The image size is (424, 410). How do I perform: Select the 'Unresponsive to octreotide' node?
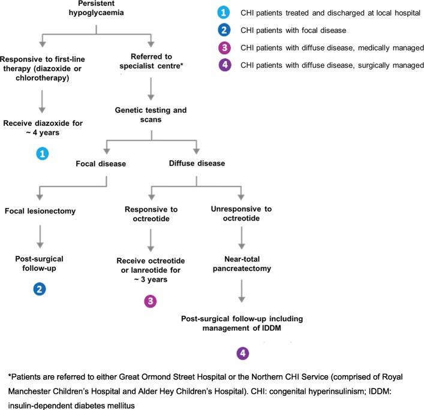[242, 215]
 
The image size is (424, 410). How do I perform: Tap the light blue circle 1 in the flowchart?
[42, 154]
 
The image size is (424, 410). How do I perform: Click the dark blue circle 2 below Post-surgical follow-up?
[39, 288]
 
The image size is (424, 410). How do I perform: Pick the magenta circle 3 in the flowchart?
[151, 300]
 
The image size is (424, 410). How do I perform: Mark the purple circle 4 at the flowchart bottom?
[242, 354]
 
